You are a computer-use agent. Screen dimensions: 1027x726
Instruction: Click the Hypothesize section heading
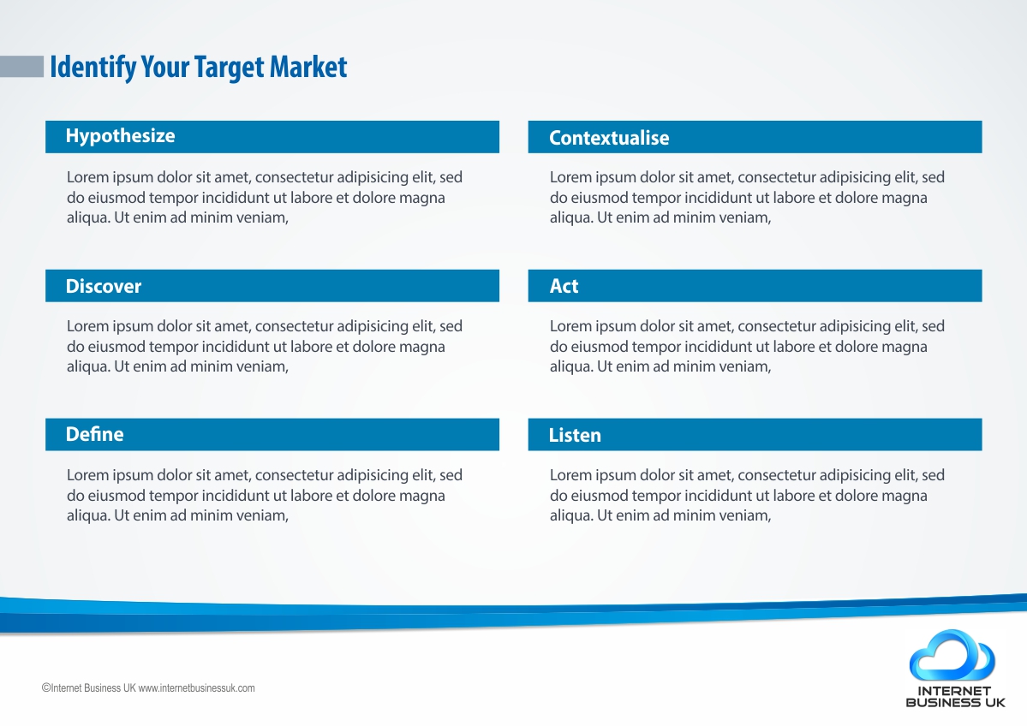(x=121, y=136)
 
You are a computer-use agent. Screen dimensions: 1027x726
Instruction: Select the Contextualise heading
(x=609, y=138)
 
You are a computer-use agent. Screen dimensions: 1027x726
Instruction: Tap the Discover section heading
(x=104, y=286)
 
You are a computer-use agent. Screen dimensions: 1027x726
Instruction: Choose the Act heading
(x=564, y=286)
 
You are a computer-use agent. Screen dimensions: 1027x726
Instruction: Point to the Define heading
(x=94, y=434)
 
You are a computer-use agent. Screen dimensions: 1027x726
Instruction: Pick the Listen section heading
(x=575, y=435)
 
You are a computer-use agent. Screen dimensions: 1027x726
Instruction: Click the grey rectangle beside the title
(x=21, y=67)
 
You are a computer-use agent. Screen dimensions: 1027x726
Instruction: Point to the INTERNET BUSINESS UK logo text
(x=955, y=697)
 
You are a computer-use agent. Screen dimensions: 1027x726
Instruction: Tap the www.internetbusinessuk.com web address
(x=196, y=688)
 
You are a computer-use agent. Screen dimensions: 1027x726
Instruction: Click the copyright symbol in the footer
(x=46, y=688)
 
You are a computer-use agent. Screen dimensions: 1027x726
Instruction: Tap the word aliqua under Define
(x=88, y=516)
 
